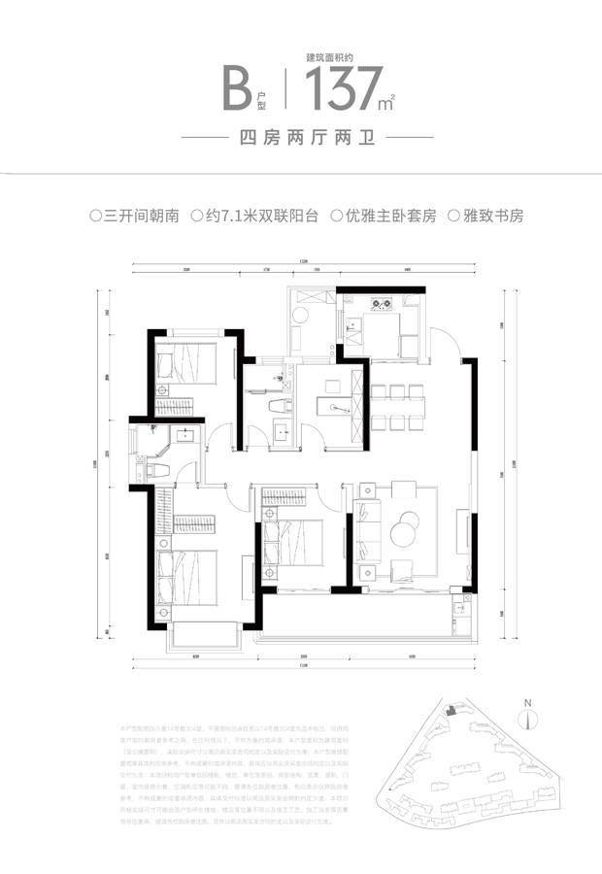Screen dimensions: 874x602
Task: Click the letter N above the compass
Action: point(525,701)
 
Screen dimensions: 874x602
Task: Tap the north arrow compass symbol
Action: point(525,720)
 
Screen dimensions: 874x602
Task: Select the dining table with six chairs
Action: point(399,406)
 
